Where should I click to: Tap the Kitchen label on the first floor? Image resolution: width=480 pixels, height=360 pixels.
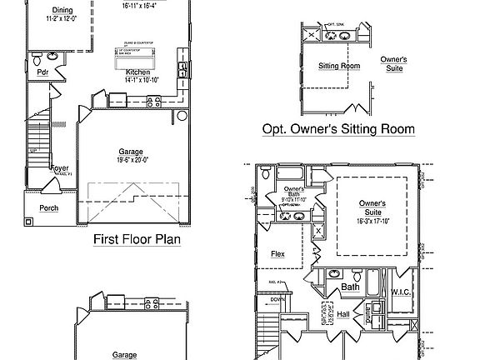tap(137, 72)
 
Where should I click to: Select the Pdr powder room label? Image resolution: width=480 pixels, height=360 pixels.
tap(42, 72)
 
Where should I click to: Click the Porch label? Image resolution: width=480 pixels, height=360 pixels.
tap(48, 208)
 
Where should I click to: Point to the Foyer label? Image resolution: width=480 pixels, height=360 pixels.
tap(59, 168)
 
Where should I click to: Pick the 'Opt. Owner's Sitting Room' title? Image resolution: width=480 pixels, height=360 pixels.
tap(338, 129)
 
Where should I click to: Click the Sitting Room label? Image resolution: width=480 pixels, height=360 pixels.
tap(339, 65)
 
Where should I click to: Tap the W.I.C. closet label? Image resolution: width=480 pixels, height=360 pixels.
tap(401, 292)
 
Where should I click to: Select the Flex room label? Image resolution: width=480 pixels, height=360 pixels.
tap(278, 254)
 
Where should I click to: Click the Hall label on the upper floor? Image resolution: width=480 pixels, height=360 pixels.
tap(343, 314)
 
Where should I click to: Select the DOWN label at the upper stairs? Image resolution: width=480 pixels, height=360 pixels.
tap(278, 299)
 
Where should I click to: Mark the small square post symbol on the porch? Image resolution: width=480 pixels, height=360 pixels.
tap(28, 222)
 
